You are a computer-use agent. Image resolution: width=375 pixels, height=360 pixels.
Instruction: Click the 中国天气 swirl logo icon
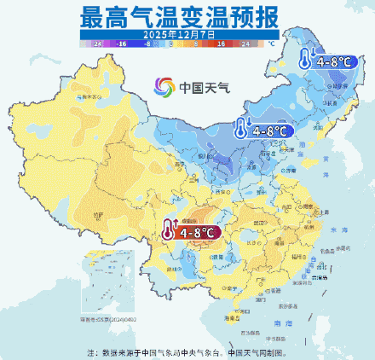tap(164, 87)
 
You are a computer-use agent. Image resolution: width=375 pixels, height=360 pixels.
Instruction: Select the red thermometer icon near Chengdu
tap(169, 230)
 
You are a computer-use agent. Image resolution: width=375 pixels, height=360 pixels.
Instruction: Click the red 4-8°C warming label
tap(197, 231)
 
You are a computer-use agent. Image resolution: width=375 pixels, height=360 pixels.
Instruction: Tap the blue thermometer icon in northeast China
tap(304, 61)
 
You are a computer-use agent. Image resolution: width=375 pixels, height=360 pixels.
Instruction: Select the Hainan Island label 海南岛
tap(229, 317)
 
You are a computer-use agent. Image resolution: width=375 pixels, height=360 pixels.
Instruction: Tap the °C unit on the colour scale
tap(272, 41)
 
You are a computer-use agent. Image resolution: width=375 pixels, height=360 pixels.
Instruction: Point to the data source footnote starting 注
tap(187, 351)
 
